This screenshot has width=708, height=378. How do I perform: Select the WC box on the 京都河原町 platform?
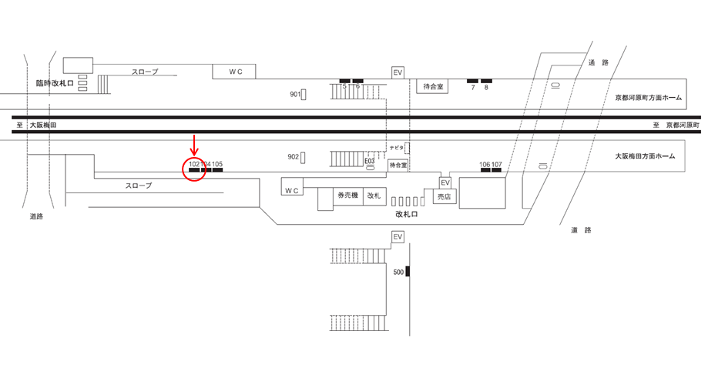point(235,72)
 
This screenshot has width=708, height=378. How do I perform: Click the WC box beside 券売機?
point(292,189)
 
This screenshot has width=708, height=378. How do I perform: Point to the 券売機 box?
point(347,196)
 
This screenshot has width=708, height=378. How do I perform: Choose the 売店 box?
point(443,196)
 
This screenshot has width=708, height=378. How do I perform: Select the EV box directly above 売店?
point(445,182)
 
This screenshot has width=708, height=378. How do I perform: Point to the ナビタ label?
point(397,147)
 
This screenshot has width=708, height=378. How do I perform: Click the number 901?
point(295,94)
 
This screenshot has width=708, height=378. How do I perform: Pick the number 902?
point(293,157)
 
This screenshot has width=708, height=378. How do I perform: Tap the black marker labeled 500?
point(408,272)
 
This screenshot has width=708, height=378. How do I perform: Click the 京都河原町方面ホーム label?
point(648,98)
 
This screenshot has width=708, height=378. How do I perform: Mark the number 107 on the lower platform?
point(497,165)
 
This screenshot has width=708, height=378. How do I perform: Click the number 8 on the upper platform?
point(486,88)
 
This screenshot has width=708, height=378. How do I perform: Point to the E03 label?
point(370,162)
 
